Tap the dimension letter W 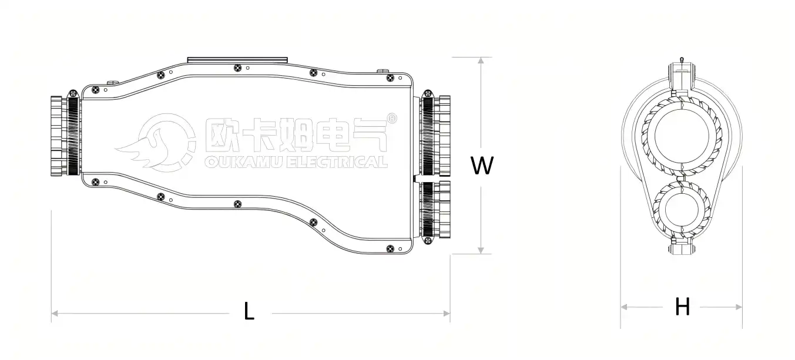(482, 166)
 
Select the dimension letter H (682, 307)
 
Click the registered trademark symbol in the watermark (393, 118)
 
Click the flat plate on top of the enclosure (237, 59)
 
